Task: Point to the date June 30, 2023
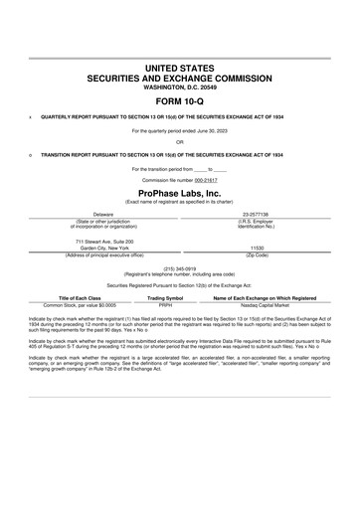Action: (x=208, y=130)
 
